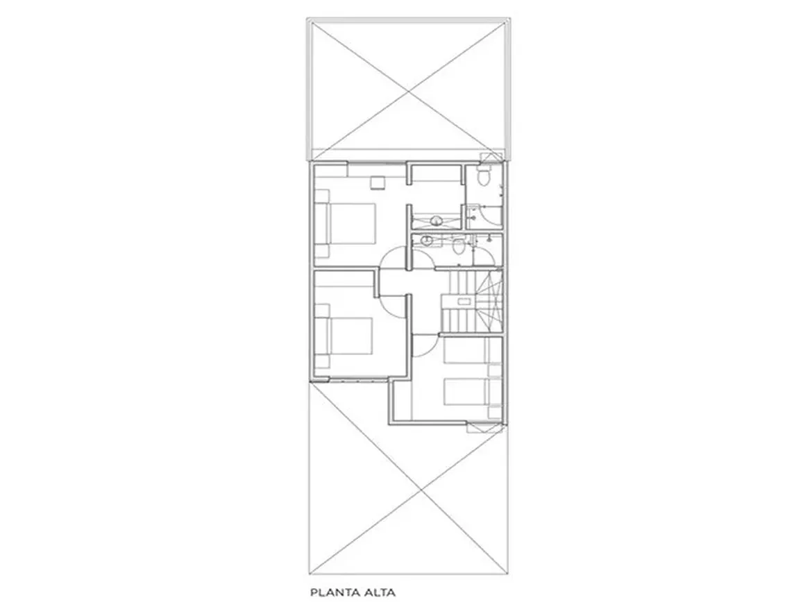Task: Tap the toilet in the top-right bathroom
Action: click(x=484, y=176)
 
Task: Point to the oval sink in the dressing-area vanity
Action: click(x=436, y=221)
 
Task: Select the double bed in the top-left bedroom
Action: click(x=346, y=223)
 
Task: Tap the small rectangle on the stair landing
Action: click(x=463, y=301)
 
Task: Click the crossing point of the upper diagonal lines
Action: click(x=409, y=92)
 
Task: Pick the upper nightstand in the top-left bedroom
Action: click(x=322, y=196)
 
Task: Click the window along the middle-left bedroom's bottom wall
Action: click(x=358, y=380)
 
